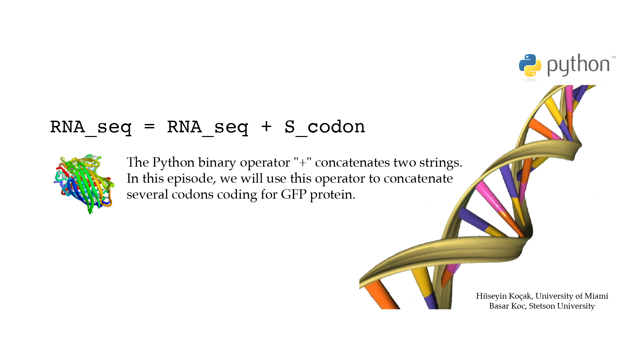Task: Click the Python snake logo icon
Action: (530, 66)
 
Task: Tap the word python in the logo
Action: (578, 65)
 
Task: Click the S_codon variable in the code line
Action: (325, 127)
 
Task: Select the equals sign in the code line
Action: (149, 127)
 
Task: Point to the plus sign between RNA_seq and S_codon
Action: (266, 127)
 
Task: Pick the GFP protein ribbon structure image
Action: (84, 183)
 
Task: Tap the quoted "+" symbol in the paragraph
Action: (303, 162)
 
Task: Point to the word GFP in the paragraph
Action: (294, 194)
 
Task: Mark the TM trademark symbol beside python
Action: (613, 57)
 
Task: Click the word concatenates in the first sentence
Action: (353, 163)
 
